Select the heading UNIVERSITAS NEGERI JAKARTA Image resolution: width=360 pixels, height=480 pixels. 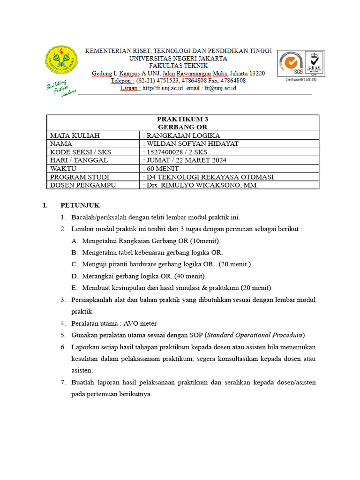pyautogui.click(x=178, y=59)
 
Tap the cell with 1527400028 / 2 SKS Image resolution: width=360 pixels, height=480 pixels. pyautogui.click(x=177, y=152)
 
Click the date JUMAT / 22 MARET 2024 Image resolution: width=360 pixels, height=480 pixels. pyautogui.click(x=187, y=160)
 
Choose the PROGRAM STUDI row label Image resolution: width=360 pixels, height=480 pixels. pyautogui.click(x=80, y=177)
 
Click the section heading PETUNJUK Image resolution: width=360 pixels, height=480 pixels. pyautogui.click(x=80, y=205)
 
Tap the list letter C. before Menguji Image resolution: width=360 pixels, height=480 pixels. pyautogui.click(x=75, y=264)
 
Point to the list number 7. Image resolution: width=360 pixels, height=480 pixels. pyautogui.click(x=63, y=382)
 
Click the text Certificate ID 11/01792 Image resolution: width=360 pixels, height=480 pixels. pyautogui.click(x=301, y=80)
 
